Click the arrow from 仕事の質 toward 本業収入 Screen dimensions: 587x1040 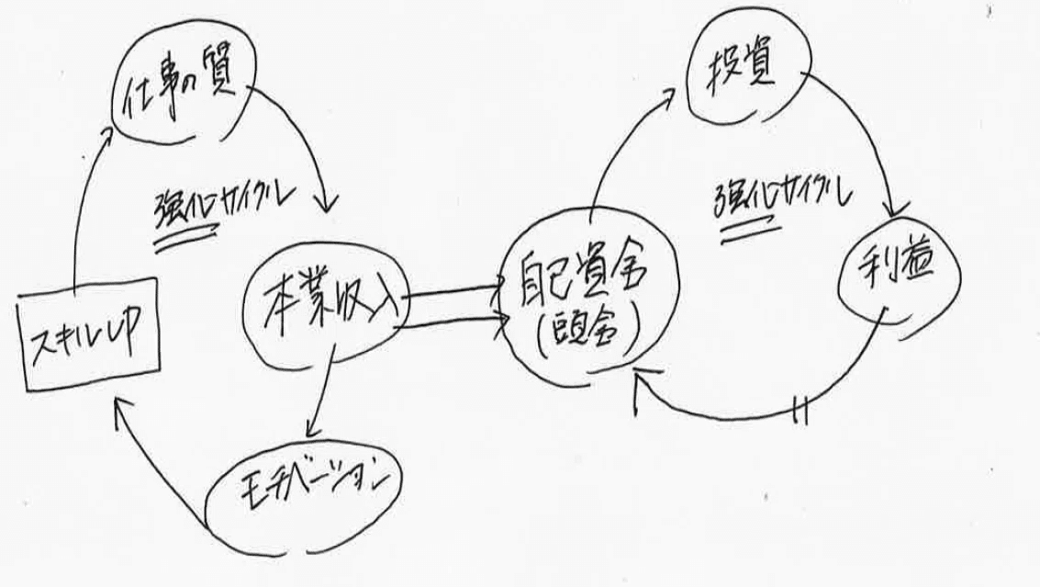click(x=308, y=138)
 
